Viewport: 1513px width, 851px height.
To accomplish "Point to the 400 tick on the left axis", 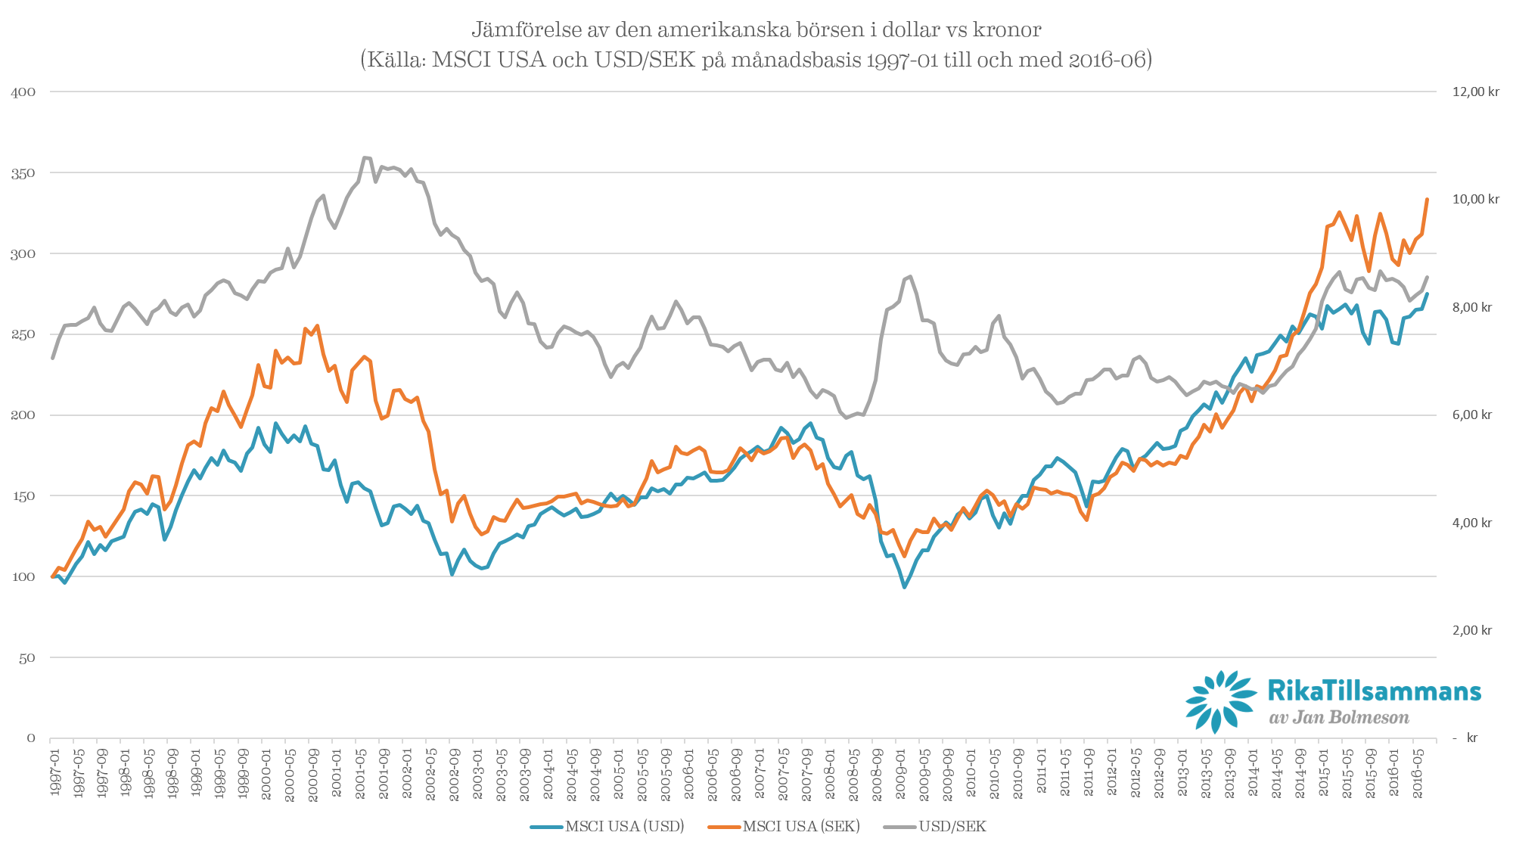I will click(23, 92).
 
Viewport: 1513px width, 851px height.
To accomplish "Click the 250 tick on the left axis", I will click(23, 334).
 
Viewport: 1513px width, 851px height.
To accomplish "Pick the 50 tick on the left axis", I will click(26, 657).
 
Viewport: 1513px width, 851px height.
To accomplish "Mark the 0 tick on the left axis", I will click(31, 738).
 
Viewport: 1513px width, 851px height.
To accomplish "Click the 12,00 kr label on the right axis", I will click(1475, 92).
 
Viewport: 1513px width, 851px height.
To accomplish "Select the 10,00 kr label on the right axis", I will click(1475, 199).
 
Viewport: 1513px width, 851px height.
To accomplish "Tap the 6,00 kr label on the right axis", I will click(1471, 415).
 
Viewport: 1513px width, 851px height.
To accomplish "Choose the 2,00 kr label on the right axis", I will click(1471, 630).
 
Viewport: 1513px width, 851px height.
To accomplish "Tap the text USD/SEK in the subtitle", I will click(645, 59).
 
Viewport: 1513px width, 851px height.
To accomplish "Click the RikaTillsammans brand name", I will click(1374, 691).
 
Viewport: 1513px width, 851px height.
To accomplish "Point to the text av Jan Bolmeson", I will click(1339, 717).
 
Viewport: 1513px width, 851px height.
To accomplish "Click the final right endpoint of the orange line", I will click(1427, 199).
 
